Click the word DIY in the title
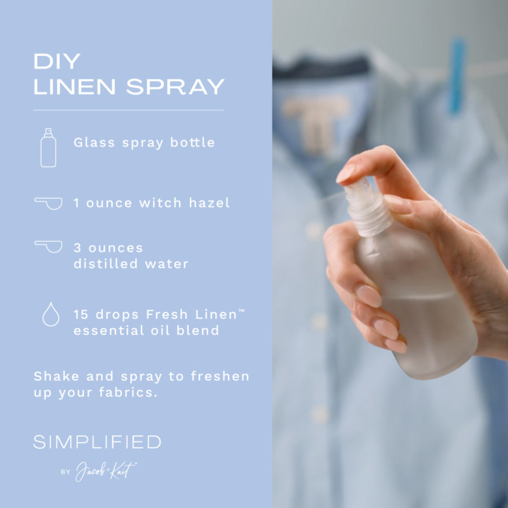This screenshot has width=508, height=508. click(x=57, y=62)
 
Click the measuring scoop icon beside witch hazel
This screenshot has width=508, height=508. click(x=49, y=203)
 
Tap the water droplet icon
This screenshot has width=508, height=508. click(x=50, y=314)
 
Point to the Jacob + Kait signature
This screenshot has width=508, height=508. click(x=105, y=471)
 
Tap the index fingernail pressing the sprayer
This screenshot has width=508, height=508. click(x=347, y=173)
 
